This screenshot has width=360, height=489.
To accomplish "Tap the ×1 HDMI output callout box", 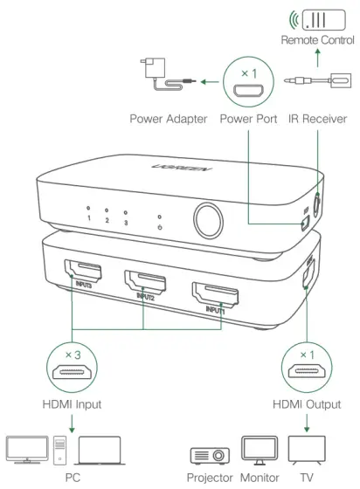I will click(x=306, y=368).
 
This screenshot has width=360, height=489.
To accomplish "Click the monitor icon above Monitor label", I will click(x=259, y=449).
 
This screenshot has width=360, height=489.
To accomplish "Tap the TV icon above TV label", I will click(x=306, y=448).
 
